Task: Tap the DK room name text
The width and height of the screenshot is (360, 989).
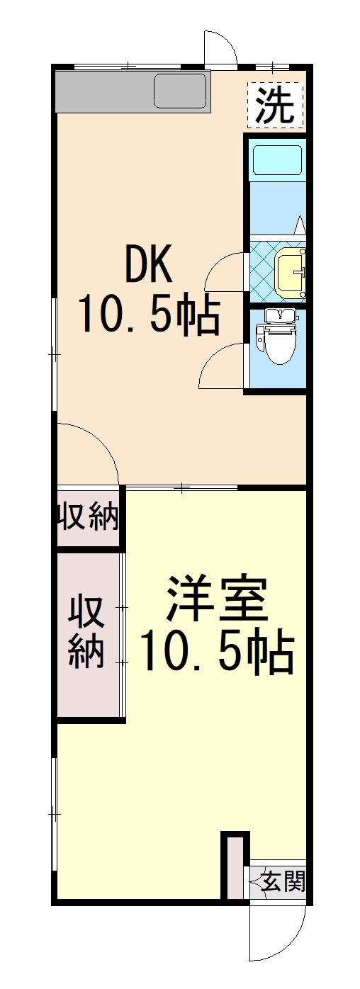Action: click(x=149, y=265)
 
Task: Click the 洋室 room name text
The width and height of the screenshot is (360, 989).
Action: click(x=217, y=599)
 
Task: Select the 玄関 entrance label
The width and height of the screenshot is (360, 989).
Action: click(x=283, y=881)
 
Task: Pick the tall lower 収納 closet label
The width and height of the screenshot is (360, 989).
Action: click(x=86, y=632)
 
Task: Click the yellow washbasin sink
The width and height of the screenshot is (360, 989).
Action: click(x=291, y=272)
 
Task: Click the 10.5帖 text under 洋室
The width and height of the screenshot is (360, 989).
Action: click(x=217, y=652)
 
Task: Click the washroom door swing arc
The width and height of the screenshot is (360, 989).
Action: click(x=225, y=271)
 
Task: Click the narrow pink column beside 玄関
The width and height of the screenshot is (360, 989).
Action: click(x=235, y=867)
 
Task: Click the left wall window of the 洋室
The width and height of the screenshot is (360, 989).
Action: click(x=55, y=815)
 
